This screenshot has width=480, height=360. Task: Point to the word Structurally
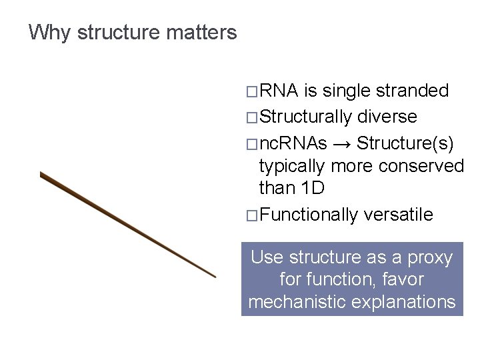[x=305, y=117]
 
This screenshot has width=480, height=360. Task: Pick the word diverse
[x=387, y=117]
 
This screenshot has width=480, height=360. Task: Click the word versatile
[x=399, y=215]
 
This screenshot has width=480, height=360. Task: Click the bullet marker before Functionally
[x=251, y=215]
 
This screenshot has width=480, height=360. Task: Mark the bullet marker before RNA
[x=251, y=91]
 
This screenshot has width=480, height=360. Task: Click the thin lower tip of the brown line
[x=213, y=275]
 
